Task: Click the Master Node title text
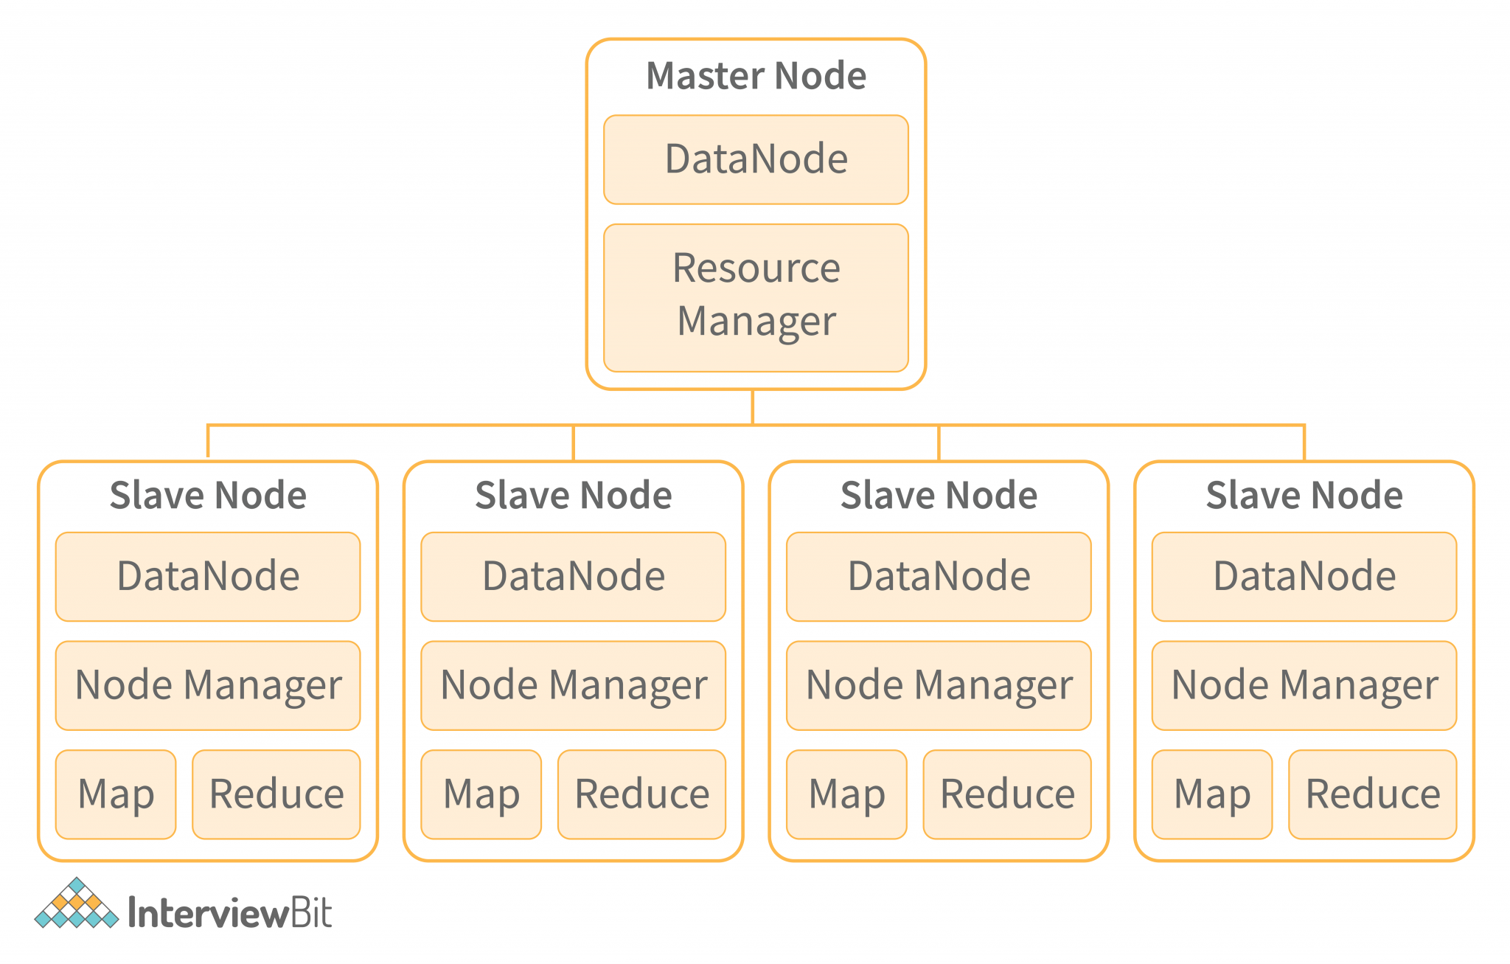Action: tap(756, 76)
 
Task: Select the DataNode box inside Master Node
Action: tap(756, 159)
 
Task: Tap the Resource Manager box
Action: tap(756, 297)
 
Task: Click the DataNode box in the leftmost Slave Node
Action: tap(208, 576)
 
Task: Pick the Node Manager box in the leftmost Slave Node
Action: tap(208, 685)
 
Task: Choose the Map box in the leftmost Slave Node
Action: tap(116, 794)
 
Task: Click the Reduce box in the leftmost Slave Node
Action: tap(276, 794)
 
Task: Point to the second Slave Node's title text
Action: tap(573, 495)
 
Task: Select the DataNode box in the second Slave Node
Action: tap(573, 576)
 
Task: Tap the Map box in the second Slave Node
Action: tap(481, 794)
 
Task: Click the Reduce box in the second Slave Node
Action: tap(641, 794)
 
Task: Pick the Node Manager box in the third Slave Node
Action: tap(939, 685)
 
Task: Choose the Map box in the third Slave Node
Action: tap(846, 794)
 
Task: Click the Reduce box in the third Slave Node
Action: tap(1007, 794)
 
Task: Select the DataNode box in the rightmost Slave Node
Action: tap(1304, 576)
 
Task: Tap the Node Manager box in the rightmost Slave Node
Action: tap(1304, 685)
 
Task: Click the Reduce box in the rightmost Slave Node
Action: tap(1373, 794)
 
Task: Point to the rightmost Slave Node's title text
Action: tap(1304, 495)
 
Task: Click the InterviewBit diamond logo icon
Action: tap(76, 904)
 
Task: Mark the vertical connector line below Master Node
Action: tap(752, 406)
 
